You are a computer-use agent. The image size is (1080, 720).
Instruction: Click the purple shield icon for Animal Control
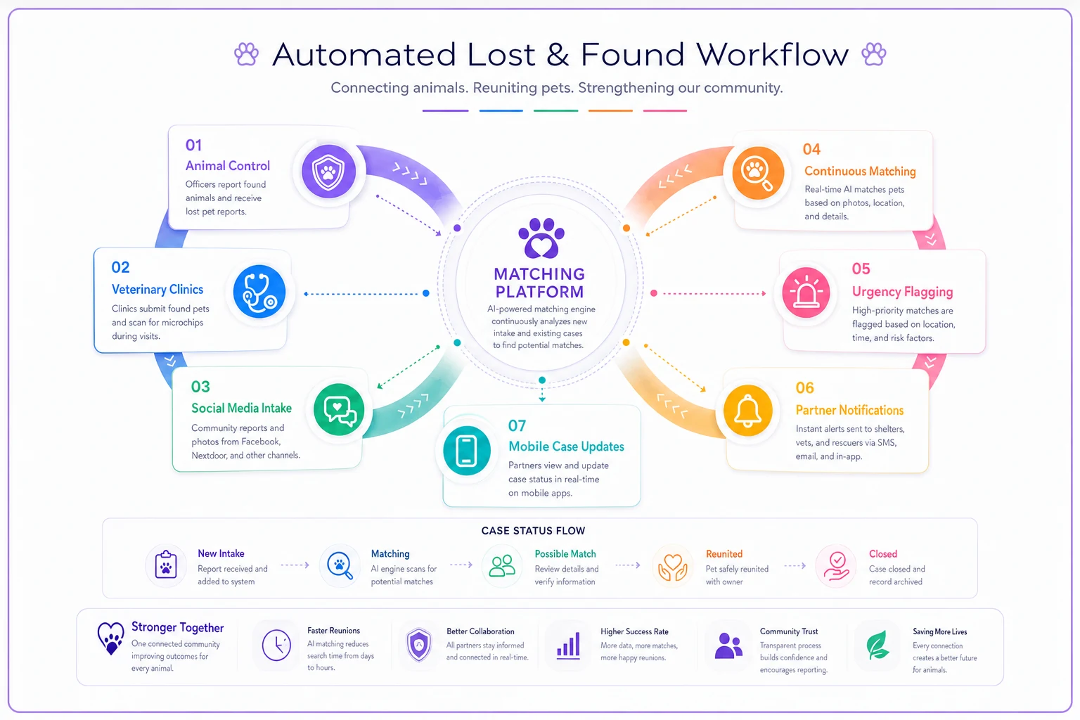(x=329, y=171)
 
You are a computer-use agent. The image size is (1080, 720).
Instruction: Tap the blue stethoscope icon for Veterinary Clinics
(x=259, y=291)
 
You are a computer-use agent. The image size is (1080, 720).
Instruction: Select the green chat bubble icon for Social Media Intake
(x=339, y=409)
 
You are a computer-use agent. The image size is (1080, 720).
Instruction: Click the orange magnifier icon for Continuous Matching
(x=758, y=173)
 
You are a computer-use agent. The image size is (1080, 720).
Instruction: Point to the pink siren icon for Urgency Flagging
(x=806, y=292)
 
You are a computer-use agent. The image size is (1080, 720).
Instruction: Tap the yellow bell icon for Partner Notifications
(x=748, y=411)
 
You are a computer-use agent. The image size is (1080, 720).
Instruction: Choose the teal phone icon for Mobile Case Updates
(x=467, y=451)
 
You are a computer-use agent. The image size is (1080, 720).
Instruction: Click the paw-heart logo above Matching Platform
(x=541, y=238)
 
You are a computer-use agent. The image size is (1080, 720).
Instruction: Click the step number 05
(x=861, y=269)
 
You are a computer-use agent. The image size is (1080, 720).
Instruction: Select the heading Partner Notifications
(x=849, y=410)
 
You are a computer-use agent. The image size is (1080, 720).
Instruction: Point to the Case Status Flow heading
(x=533, y=530)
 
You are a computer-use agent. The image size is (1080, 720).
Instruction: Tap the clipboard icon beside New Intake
(x=166, y=565)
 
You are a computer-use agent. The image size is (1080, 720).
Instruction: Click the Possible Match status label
(x=565, y=553)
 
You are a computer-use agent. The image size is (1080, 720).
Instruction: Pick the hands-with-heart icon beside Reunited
(x=673, y=567)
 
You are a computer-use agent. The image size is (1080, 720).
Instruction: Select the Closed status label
(x=883, y=553)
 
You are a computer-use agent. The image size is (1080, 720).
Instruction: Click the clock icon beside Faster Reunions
(x=276, y=645)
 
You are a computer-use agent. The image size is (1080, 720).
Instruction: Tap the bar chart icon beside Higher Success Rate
(x=568, y=645)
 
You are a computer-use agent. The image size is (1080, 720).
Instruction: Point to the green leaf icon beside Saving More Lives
(x=877, y=645)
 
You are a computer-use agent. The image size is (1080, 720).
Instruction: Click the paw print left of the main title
(x=246, y=53)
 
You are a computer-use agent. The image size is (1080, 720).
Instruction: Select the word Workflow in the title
(x=772, y=54)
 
